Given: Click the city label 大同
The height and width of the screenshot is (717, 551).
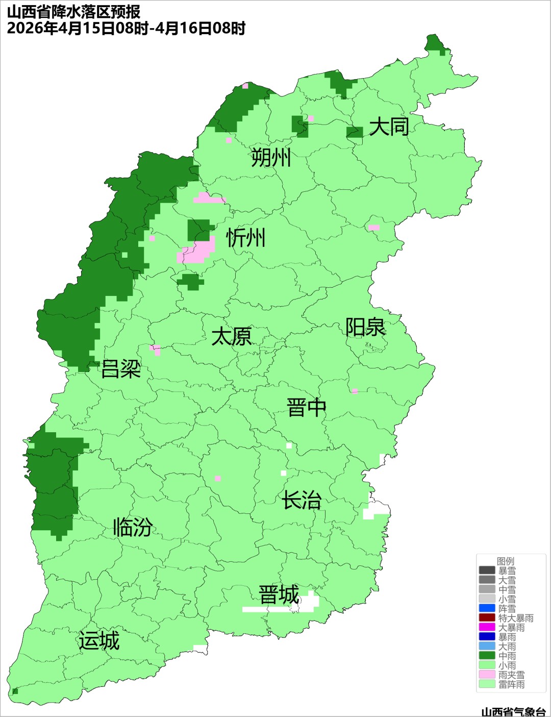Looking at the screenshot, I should (389, 127).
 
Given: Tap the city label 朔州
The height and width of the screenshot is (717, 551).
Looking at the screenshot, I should (271, 157).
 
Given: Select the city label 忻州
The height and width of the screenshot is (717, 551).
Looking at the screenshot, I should (246, 238).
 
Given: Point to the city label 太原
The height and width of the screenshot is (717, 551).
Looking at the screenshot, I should (232, 337).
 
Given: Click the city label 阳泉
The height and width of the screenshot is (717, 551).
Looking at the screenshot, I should (365, 327).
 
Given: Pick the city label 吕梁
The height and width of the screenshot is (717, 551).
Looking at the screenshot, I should (121, 369).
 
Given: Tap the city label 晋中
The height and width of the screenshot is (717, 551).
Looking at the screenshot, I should (307, 408).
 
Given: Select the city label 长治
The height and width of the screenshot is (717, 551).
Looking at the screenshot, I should (302, 500).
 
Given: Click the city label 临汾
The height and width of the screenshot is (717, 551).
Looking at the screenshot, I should (133, 527).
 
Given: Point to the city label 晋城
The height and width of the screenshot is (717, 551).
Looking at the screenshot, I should (279, 595).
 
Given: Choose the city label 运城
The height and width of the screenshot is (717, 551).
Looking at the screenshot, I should (99, 641).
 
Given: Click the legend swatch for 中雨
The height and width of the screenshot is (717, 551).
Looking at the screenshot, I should (487, 656).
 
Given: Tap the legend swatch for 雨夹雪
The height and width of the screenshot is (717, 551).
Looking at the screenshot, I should (487, 675).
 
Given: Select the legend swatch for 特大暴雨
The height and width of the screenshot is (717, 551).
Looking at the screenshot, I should (487, 618).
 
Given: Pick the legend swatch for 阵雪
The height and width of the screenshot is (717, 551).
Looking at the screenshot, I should (487, 608).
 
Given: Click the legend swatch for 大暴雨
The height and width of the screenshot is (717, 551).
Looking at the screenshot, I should (487, 627).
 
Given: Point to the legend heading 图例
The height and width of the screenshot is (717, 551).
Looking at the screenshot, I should (506, 561).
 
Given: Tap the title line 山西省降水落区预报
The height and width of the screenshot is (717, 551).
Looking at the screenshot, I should (73, 12).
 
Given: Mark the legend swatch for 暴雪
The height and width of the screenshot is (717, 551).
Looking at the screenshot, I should (487, 571).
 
